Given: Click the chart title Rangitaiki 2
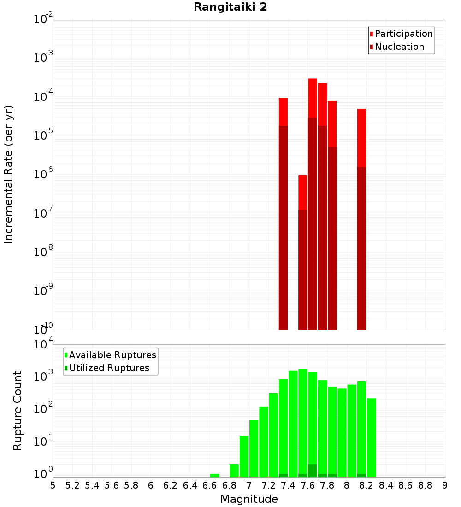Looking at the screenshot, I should click(230, 7).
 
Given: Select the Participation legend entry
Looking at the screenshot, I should click(403, 34).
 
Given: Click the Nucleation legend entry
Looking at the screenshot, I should click(399, 47).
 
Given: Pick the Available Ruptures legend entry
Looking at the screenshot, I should click(112, 355).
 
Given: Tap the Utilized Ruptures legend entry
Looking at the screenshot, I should click(109, 368).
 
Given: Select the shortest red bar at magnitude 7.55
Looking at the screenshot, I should click(302, 192).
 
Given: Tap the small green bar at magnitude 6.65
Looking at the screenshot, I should click(214, 475).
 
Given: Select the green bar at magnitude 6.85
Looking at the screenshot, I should click(234, 471).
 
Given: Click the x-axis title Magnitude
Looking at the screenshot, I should click(249, 499).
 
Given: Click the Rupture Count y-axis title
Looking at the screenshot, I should click(18, 411).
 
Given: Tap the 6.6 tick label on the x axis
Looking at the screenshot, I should click(210, 485).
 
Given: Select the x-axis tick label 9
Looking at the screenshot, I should click(445, 485).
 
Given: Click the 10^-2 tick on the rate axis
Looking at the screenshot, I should click(43, 20).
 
